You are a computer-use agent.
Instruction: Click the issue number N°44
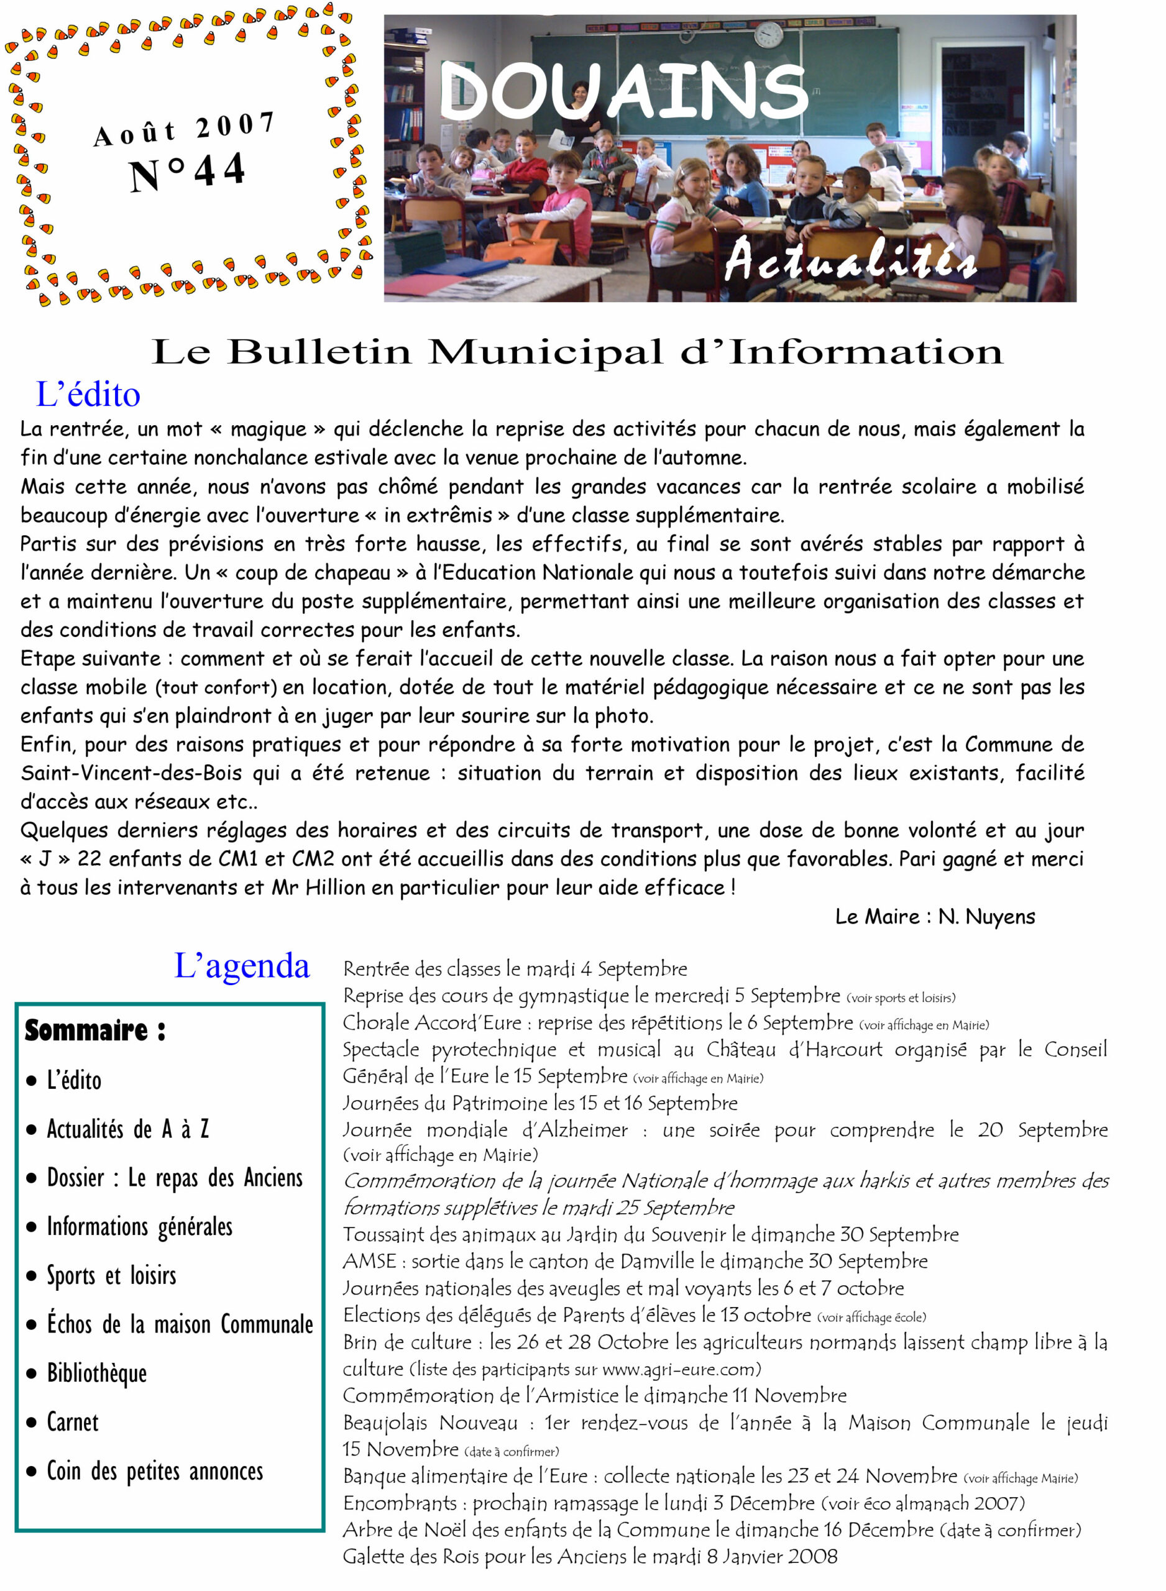[x=187, y=172]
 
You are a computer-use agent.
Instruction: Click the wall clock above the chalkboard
[x=769, y=33]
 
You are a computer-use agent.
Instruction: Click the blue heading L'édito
[x=88, y=395]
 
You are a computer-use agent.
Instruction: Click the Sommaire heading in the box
[x=95, y=1031]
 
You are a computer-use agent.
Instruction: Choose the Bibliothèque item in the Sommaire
[x=97, y=1373]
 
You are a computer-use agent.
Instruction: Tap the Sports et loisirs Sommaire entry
[x=111, y=1276]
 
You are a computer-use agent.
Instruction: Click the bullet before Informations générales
[x=31, y=1227]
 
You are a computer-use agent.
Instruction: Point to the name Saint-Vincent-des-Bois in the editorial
[x=131, y=773]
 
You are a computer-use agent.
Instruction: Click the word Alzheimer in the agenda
[x=574, y=1130]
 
